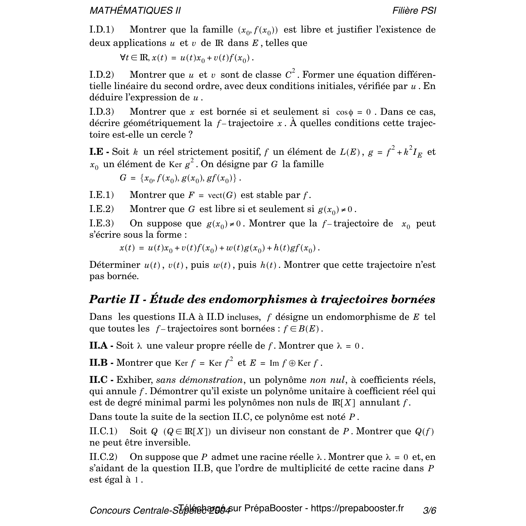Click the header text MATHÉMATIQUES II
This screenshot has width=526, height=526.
[x=135, y=11]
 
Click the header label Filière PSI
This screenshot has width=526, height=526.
[x=414, y=11]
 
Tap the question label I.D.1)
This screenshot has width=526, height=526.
[x=101, y=30]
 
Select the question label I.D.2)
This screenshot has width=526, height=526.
[x=102, y=75]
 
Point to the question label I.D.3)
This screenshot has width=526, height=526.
[x=102, y=112]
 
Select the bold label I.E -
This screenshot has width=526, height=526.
[x=99, y=152]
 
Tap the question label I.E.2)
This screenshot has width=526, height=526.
[x=101, y=209]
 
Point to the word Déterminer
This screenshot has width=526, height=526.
[x=115, y=265]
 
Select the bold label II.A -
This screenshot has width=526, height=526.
[x=101, y=346]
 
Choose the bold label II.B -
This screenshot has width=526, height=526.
[x=101, y=363]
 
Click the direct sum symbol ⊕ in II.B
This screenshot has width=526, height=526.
[x=292, y=363]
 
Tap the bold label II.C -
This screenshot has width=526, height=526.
[x=101, y=380]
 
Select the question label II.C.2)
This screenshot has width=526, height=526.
[x=103, y=457]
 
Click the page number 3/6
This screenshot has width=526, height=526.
[x=429, y=511]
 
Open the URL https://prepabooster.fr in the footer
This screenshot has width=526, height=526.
[x=357, y=508]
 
